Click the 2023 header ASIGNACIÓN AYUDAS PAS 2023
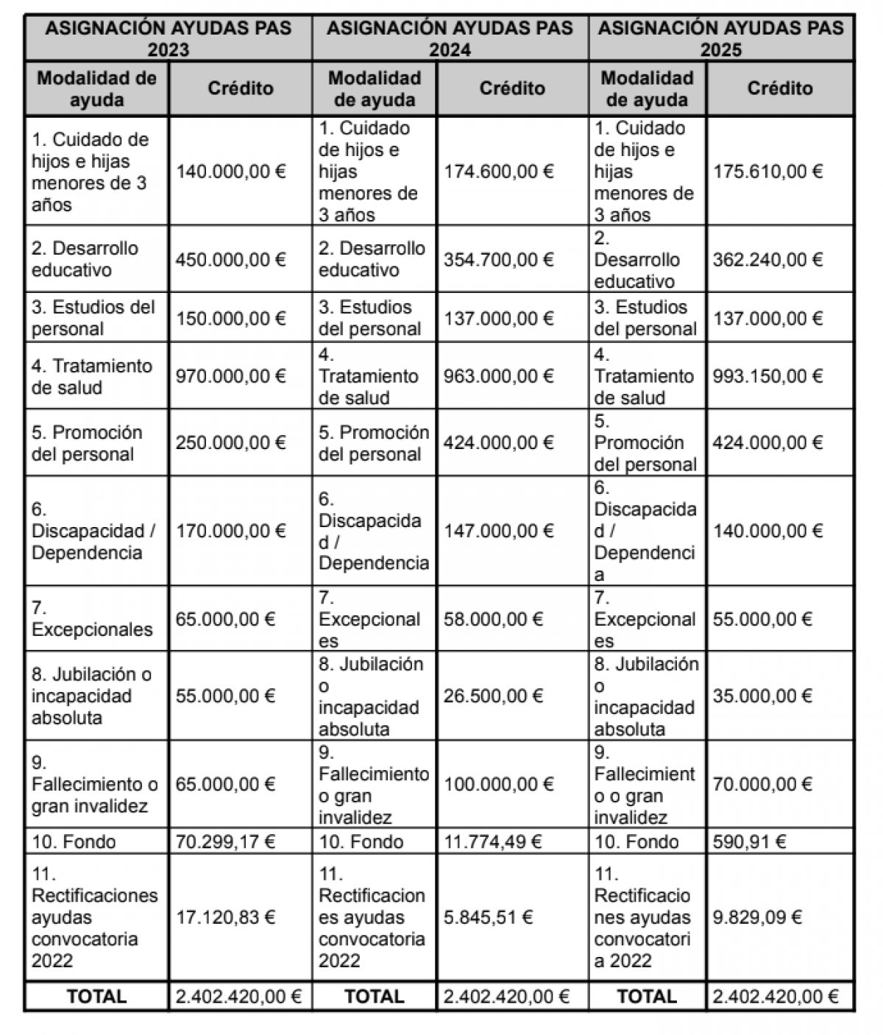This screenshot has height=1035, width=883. pyautogui.click(x=169, y=38)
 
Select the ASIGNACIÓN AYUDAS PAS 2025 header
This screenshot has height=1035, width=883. pyautogui.click(x=721, y=38)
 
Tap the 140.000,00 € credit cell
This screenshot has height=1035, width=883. pyautogui.click(x=231, y=172)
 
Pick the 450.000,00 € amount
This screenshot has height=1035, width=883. pyautogui.click(x=231, y=259)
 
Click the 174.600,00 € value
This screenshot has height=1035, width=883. pyautogui.click(x=499, y=172)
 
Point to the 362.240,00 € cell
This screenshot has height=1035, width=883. pyautogui.click(x=767, y=259)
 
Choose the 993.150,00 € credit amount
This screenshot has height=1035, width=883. pyautogui.click(x=767, y=376)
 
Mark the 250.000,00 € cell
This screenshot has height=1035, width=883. pyautogui.click(x=231, y=442)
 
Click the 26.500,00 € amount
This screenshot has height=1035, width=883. pyautogui.click(x=493, y=696)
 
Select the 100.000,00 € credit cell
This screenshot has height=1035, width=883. pyautogui.click(x=499, y=784)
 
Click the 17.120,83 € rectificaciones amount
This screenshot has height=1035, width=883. pyautogui.click(x=225, y=917)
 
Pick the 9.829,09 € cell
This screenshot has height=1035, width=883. pyautogui.click(x=757, y=917)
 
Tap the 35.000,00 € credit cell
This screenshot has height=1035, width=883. pyautogui.click(x=762, y=696)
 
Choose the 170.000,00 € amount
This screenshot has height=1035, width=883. pyautogui.click(x=231, y=531)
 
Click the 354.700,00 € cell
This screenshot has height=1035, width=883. pyautogui.click(x=499, y=259)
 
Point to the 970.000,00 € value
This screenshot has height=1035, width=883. pyautogui.click(x=231, y=376)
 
